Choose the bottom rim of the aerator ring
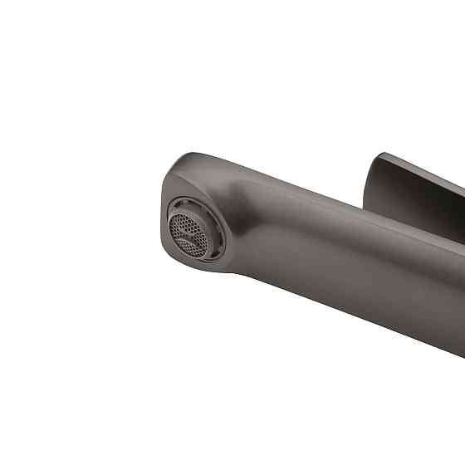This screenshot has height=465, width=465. click(x=199, y=258)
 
